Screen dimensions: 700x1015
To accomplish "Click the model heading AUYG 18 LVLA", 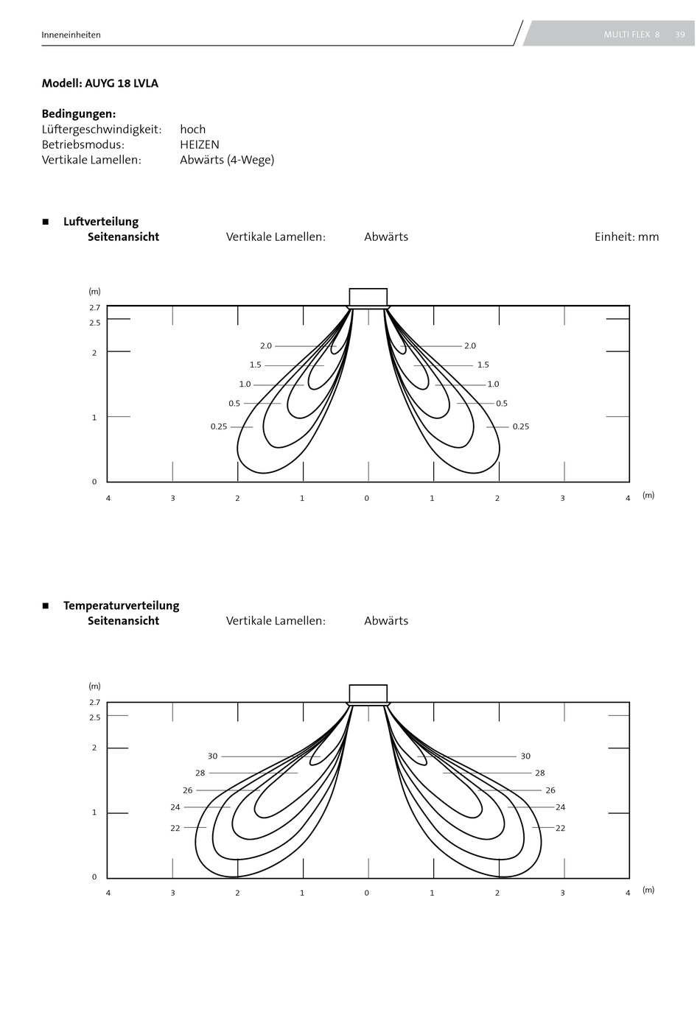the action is (x=122, y=83).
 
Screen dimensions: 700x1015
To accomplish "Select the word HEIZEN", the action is (x=200, y=144).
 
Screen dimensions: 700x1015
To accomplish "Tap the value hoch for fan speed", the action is (x=192, y=129).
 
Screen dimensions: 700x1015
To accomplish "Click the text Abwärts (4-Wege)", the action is (x=227, y=160).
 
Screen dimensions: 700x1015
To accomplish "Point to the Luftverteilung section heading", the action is (x=101, y=222).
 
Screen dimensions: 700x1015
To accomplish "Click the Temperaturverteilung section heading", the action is (x=121, y=605).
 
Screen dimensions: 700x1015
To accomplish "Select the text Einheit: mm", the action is (x=626, y=236).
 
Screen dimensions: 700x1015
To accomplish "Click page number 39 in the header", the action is (x=679, y=35).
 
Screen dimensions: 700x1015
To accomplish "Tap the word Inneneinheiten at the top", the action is (x=71, y=35).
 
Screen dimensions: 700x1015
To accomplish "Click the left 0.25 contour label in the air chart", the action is (x=219, y=426).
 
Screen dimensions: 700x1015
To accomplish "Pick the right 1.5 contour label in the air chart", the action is (x=483, y=365).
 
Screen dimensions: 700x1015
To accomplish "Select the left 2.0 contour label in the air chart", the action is (x=266, y=345).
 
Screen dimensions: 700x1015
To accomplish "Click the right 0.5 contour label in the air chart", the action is (x=502, y=404).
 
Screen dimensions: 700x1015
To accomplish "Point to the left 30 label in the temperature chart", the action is (x=213, y=756).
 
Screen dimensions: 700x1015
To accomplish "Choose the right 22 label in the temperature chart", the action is (x=560, y=828).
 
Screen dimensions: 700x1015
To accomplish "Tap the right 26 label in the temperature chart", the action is (x=550, y=790).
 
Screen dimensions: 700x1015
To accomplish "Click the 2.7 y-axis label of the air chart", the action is (x=95, y=308).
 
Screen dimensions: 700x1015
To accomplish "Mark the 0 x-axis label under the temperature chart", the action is (x=367, y=892).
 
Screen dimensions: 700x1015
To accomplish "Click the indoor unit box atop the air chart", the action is (x=368, y=298).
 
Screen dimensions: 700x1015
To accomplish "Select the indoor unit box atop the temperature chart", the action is (x=368, y=693).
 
